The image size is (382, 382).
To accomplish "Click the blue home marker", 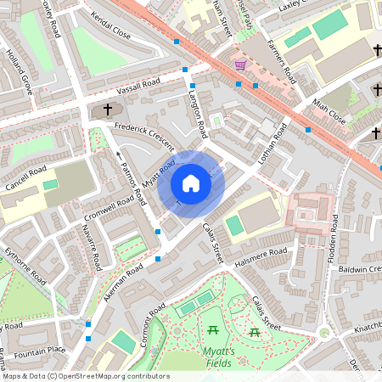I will coord(191,183).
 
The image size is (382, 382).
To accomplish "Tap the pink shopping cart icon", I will coord(240,65).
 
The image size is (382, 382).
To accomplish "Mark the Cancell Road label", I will coord(26,178).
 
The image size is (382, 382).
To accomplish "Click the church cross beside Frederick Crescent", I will coord(108,110).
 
